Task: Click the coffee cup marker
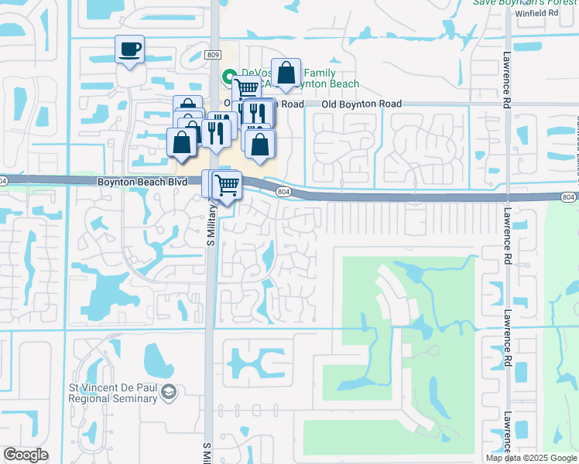pyautogui.click(x=129, y=50)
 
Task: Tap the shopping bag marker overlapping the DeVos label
pyautogui.click(x=286, y=73)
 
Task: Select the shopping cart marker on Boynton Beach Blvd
pyautogui.click(x=226, y=185)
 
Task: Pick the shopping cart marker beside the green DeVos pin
pyautogui.click(x=246, y=90)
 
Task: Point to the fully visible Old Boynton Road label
pyautogui.click(x=362, y=104)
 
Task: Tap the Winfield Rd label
pyautogui.click(x=542, y=13)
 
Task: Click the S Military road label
pyautogui.click(x=209, y=224)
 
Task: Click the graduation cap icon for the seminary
pyautogui.click(x=169, y=394)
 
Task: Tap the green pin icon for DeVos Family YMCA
pyautogui.click(x=229, y=76)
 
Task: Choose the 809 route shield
pyautogui.click(x=214, y=55)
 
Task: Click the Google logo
pyautogui.click(x=26, y=455)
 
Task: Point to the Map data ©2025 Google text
pyautogui.click(x=531, y=458)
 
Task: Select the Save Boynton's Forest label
pyautogui.click(x=526, y=2)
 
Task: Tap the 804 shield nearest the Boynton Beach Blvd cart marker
pyautogui.click(x=283, y=192)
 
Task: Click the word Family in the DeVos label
pyautogui.click(x=297, y=72)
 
